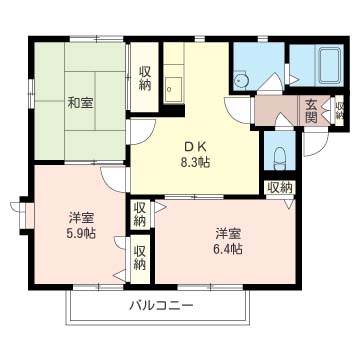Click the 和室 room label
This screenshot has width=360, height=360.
[80, 103]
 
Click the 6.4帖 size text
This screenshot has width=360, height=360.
[228, 249]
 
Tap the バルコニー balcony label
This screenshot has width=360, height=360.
[161, 305]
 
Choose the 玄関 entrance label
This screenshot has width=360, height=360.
[311, 111]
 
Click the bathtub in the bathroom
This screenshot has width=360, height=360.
[330, 65]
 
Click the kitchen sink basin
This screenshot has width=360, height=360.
[173, 89]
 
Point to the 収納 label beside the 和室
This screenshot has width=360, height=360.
[145, 78]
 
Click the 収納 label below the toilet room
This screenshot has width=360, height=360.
[280, 189]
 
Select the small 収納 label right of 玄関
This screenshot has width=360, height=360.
[339, 110]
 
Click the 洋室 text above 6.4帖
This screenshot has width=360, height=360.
[228, 234]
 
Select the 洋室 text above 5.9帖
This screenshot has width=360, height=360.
[81, 219]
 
